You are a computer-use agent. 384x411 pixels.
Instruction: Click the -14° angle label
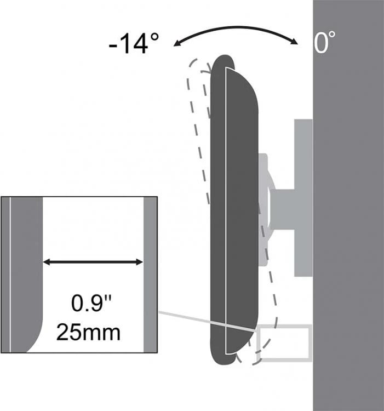(134, 43)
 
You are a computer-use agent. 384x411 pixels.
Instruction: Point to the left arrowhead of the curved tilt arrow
(176, 44)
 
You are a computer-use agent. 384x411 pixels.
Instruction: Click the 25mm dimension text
(89, 333)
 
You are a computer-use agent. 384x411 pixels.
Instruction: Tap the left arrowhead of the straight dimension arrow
(47, 261)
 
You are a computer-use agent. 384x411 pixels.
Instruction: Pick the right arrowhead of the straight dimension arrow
(140, 261)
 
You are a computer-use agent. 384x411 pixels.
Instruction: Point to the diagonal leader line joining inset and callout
(208, 322)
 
